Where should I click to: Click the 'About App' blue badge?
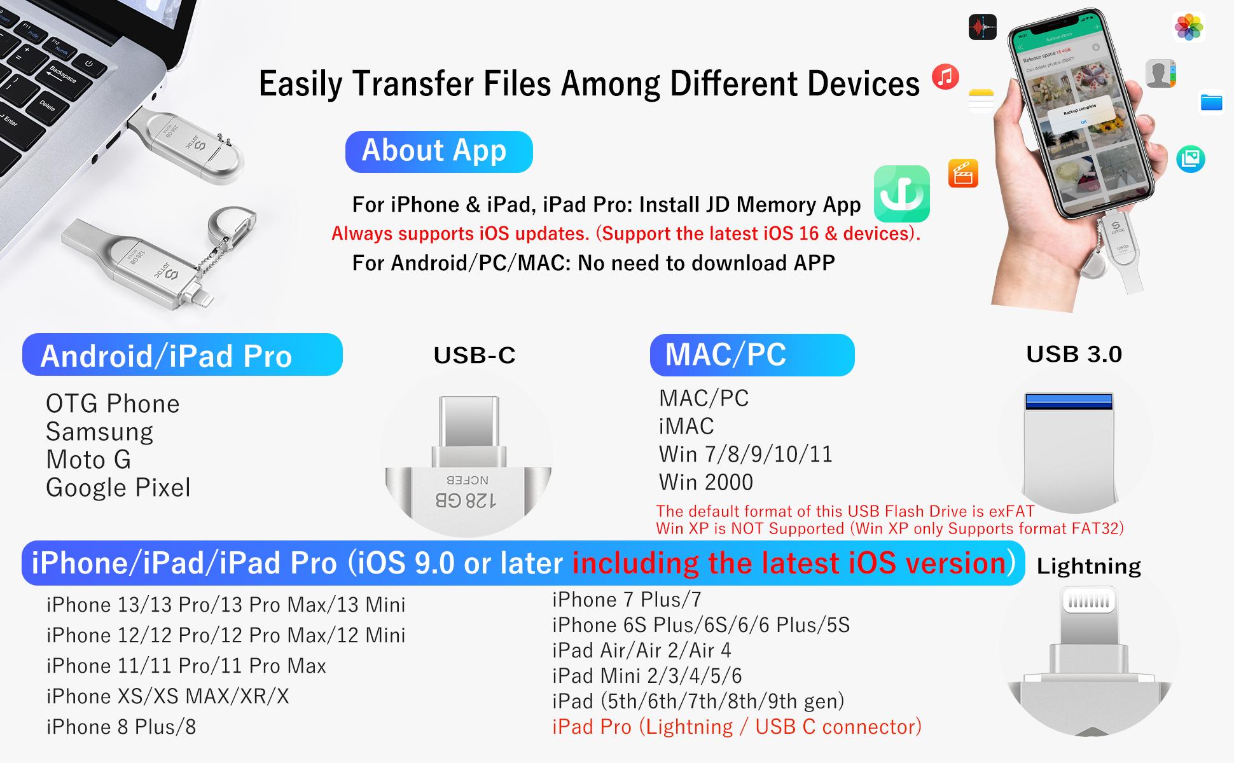coord(438,151)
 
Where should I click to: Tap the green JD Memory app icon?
coord(901,194)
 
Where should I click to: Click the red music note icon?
coord(945,77)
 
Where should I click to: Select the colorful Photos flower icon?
coord(1188,27)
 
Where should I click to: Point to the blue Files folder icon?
coord(1211,102)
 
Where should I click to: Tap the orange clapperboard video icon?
coord(963,173)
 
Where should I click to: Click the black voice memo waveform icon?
coord(982,27)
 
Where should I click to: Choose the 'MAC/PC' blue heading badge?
coord(752,355)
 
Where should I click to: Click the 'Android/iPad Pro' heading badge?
coord(182,355)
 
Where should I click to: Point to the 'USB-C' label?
coord(475,355)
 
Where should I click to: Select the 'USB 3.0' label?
coord(1074,354)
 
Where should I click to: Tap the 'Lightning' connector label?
coord(1088,566)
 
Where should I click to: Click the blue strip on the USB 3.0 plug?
coord(1069,401)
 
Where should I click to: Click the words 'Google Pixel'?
coord(118,488)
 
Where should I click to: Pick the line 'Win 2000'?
coord(706,483)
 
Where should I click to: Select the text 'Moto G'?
coord(88,460)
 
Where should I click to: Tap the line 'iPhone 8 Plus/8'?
coord(121,727)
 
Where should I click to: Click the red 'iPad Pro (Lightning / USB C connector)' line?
coord(737,727)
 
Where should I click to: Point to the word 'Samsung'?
coord(99,432)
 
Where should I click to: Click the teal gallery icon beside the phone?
coord(1190,159)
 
